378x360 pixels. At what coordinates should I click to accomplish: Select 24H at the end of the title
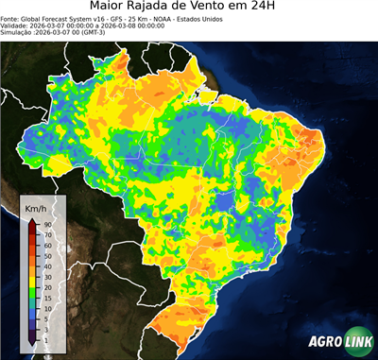point(273,8)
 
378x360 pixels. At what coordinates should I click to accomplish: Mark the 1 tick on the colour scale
point(44,338)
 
